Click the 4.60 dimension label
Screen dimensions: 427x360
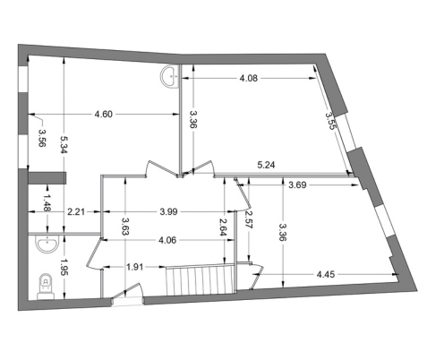103,114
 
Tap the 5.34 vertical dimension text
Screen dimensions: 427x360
64,144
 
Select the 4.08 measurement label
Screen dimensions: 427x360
249,78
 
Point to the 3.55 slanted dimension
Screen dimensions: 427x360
330,120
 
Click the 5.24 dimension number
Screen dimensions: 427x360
266,165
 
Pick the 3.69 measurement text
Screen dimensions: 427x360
297,185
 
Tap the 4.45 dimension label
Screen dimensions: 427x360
326,274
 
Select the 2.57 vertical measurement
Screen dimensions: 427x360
249,219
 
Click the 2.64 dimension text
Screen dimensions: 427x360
224,227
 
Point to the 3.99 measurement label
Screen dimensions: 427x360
168,211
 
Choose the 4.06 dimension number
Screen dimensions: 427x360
167,240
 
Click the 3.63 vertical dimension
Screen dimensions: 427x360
125,227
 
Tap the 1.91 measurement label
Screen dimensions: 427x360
134,267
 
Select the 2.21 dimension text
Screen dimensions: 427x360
76,212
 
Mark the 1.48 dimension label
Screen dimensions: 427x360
47,202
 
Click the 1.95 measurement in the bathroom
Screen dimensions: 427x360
64,267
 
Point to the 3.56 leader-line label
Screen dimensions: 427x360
42,138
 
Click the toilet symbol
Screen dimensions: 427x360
46,287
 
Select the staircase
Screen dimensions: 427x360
200,279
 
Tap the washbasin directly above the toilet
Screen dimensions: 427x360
47,244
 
